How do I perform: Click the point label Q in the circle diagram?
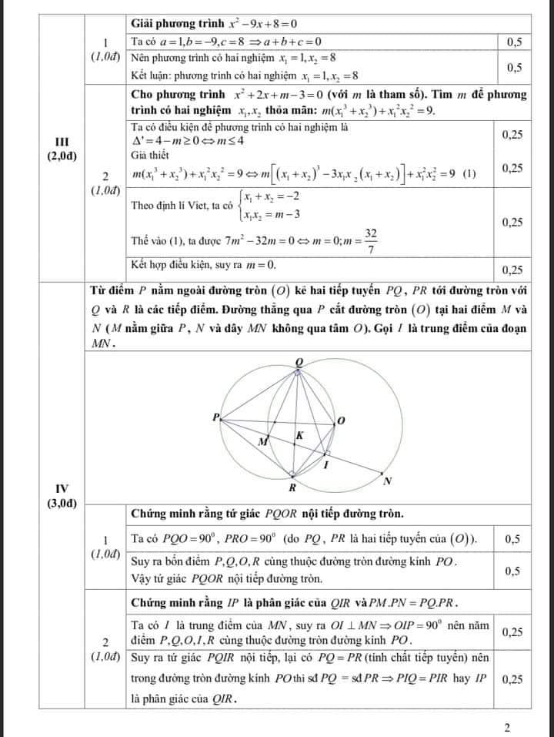click(299, 362)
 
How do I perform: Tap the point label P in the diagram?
click(216, 417)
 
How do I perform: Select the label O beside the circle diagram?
click(341, 420)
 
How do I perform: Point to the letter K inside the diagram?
click(300, 436)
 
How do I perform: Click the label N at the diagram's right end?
click(388, 481)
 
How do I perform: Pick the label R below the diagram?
click(292, 488)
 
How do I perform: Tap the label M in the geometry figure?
click(262, 442)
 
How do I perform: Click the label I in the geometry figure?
click(325, 464)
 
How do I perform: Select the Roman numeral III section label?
click(62, 142)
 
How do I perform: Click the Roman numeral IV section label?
click(62, 487)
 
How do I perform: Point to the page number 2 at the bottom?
click(507, 727)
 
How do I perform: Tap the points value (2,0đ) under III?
click(62, 156)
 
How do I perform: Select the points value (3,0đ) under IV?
click(62, 503)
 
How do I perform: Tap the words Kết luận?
click(152, 75)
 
